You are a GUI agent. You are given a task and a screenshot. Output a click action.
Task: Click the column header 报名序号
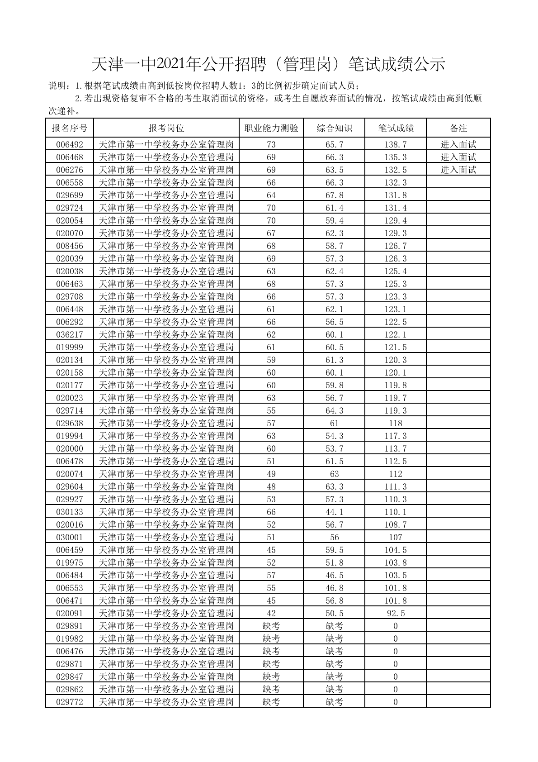click(x=70, y=128)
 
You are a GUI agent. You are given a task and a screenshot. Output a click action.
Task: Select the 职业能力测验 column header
click(x=271, y=128)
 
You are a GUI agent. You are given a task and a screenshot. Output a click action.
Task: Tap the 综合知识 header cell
click(x=334, y=128)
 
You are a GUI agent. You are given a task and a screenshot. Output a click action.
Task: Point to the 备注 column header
click(x=458, y=128)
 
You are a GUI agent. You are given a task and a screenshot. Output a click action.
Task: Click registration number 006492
click(x=70, y=145)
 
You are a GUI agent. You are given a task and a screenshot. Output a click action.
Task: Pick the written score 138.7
click(x=396, y=145)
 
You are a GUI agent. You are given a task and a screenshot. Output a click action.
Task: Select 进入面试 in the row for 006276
click(x=458, y=170)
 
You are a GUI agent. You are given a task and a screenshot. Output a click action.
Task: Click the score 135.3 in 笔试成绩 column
click(x=396, y=157)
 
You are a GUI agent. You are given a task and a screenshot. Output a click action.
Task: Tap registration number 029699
click(x=70, y=195)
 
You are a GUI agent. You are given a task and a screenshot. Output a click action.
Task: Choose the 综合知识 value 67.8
click(x=334, y=195)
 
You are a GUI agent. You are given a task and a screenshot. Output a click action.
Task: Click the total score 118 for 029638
click(x=396, y=424)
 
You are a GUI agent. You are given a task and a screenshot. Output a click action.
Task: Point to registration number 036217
click(x=70, y=335)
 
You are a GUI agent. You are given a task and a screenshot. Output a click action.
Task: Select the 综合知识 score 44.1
click(x=334, y=512)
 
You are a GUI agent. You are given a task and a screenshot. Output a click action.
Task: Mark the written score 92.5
click(x=396, y=614)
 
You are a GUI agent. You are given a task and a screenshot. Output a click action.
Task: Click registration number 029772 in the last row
click(x=70, y=702)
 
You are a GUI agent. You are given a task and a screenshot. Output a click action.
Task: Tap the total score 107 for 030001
click(x=396, y=538)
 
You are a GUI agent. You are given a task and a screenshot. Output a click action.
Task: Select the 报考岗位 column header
click(x=166, y=128)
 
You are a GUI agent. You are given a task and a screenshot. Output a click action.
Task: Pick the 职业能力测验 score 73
click(x=271, y=145)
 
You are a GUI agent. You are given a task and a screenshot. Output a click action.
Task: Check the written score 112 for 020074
click(x=396, y=474)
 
